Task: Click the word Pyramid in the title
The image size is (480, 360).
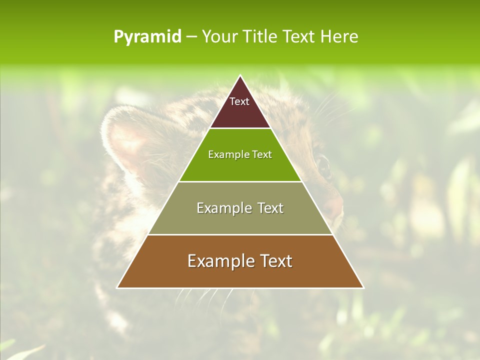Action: [x=147, y=36]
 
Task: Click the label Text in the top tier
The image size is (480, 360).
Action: [x=239, y=101]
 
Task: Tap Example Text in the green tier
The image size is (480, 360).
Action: [x=240, y=154]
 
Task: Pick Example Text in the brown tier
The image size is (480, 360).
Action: [x=240, y=261]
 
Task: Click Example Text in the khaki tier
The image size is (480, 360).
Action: [x=240, y=208]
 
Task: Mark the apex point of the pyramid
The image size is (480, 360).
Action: [x=240, y=75]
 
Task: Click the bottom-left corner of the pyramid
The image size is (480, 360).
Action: [x=117, y=287]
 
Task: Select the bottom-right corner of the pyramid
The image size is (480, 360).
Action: [x=363, y=287]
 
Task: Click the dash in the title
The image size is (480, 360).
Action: [x=191, y=36]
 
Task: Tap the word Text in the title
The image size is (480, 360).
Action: [x=300, y=36]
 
